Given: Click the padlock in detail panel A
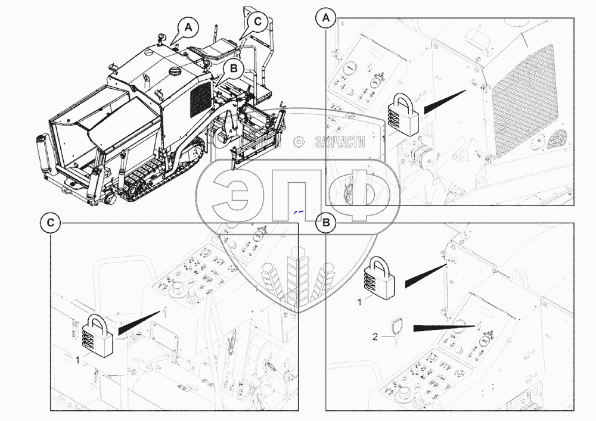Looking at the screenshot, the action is point(402,116).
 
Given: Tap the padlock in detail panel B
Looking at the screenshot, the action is point(380,275).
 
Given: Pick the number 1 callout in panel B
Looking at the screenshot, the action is point(359,303).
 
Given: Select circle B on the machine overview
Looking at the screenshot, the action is point(232,69).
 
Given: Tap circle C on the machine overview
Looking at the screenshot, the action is point(257,21).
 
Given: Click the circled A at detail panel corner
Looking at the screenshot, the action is point(326,18).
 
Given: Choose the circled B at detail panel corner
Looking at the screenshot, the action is point(326,223).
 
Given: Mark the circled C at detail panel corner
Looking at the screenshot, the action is point(51,223).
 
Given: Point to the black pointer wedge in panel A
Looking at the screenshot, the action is point(444,102).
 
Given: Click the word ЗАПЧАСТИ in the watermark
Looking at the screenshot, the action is point(338,141).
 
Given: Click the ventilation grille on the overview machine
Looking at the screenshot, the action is point(200,98).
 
